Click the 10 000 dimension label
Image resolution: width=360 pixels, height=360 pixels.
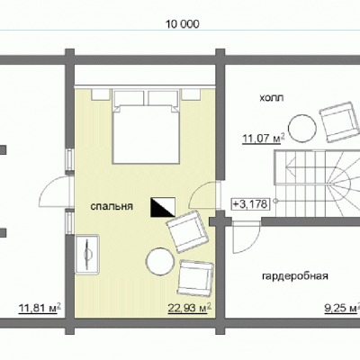[183, 24]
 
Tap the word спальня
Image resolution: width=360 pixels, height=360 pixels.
[112, 206]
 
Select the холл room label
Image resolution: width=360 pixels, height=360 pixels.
[272, 97]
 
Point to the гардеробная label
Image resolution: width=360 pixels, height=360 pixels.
[295, 276]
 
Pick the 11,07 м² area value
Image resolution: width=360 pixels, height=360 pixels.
[264, 139]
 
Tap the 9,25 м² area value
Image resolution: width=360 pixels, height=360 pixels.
[342, 308]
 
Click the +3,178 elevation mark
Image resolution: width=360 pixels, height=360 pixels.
[250, 204]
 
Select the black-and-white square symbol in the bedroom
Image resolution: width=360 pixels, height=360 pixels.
[163, 207]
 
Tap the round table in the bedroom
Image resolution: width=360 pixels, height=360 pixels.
[160, 262]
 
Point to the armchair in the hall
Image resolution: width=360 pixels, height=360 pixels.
[340, 122]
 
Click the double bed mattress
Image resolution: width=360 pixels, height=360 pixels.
[146, 134]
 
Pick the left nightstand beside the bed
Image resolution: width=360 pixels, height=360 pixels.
[101, 94]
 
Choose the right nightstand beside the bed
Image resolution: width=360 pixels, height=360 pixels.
[191, 94]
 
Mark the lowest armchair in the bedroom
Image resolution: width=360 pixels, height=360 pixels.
[195, 278]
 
